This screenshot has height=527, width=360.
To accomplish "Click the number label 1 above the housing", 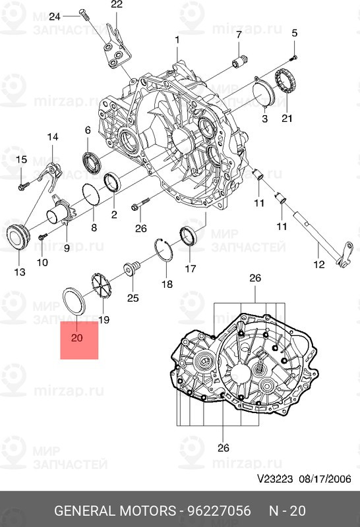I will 177,40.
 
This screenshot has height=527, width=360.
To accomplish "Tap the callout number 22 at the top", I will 116,5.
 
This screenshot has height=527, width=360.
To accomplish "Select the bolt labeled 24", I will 82,14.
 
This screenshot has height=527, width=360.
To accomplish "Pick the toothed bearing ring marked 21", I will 286,81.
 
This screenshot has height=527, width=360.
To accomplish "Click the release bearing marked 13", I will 19,236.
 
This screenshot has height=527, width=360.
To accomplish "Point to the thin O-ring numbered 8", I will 90,196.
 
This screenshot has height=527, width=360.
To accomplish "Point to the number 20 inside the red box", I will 76,338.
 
